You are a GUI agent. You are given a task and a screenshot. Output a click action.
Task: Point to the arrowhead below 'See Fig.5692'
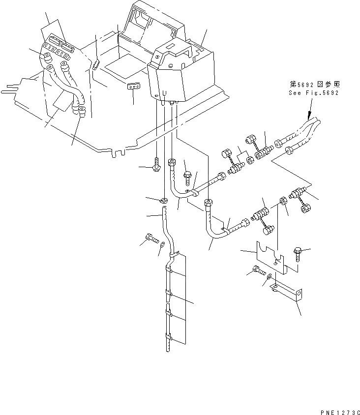pos(309,119)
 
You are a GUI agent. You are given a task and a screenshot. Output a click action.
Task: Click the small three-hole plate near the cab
pos(134,86)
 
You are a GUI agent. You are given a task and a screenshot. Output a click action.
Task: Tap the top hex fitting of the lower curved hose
pos(209,202)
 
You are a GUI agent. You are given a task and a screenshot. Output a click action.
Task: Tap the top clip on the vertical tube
pos(171,256)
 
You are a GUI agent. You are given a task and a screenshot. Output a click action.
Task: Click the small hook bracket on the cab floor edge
pos(96,64)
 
